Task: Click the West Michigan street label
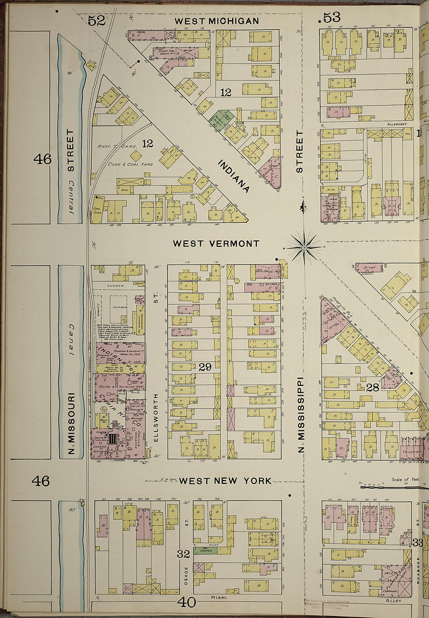[x=216, y=21]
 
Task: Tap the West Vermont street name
[x=216, y=244]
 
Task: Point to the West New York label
[x=225, y=481]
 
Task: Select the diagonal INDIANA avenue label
[x=233, y=176]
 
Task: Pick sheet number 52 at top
[x=96, y=21]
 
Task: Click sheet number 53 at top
[x=330, y=18]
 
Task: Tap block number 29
[x=205, y=367]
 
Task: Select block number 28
[x=373, y=387]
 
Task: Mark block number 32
[x=183, y=554]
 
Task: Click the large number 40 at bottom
[x=186, y=603]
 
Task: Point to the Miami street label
[x=219, y=597]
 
